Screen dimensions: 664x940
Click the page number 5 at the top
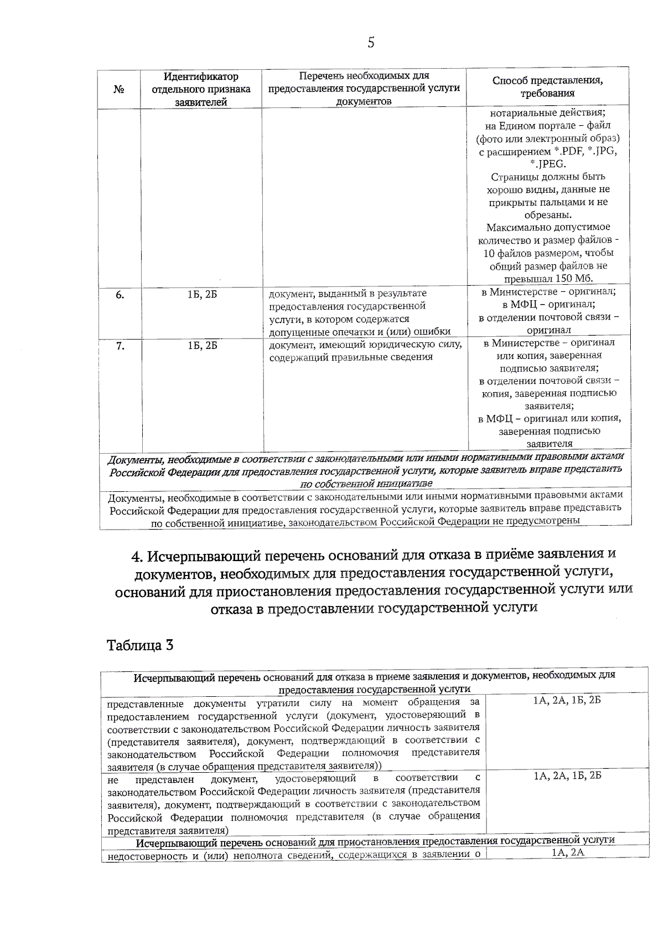[x=370, y=43]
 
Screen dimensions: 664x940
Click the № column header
[x=118, y=89]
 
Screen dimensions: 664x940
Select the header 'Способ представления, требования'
[x=547, y=87]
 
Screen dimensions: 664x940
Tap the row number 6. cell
[x=120, y=295]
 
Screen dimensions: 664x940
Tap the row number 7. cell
[x=120, y=346]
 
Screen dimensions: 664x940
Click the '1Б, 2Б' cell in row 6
[x=202, y=295]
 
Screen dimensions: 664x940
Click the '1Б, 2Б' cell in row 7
[x=202, y=346]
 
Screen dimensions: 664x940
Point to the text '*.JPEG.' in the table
[x=547, y=164]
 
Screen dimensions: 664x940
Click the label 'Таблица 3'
[x=140, y=645]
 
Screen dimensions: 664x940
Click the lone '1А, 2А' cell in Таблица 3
[x=568, y=852]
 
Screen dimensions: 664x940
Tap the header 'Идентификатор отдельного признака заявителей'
[x=201, y=89]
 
